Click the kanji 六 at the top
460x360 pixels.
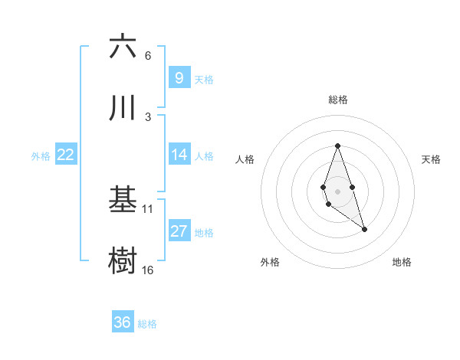(x=123, y=47)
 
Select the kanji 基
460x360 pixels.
(x=123, y=200)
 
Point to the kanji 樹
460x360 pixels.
(x=123, y=260)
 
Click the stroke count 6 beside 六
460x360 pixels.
(x=148, y=56)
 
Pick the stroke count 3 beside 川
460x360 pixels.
(x=148, y=117)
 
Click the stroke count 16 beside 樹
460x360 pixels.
(x=148, y=270)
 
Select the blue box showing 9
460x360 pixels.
(x=179, y=78)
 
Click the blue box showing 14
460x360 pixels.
(x=179, y=155)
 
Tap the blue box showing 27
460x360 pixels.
(x=179, y=231)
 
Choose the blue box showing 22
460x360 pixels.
(x=66, y=155)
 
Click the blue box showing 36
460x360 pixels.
(x=123, y=322)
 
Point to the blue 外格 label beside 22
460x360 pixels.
(x=41, y=155)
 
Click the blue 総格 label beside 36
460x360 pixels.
(x=147, y=324)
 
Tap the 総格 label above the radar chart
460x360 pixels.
(x=337, y=100)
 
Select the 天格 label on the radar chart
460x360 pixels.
(x=432, y=159)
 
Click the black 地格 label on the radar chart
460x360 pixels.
(x=402, y=262)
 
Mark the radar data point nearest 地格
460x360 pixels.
(x=364, y=229)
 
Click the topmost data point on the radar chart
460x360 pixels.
(x=337, y=146)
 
